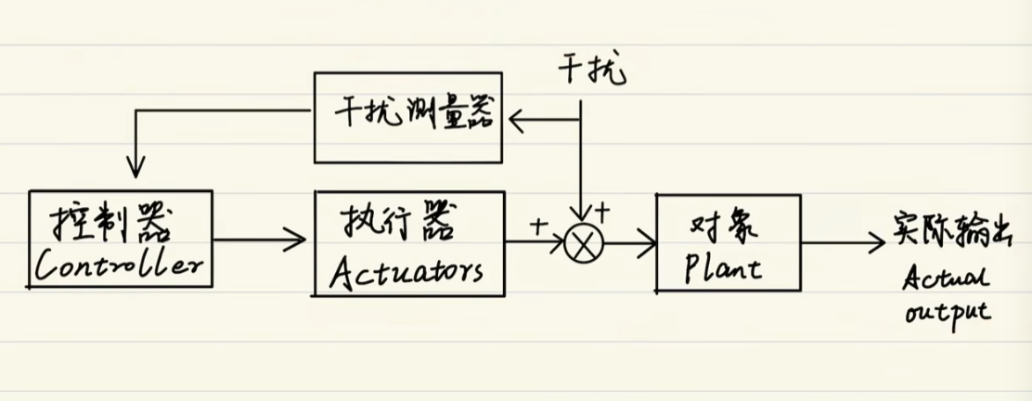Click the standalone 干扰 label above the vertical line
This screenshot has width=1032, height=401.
[593, 70]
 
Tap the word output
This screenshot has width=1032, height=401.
[947, 312]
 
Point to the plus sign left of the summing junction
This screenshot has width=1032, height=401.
[539, 224]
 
